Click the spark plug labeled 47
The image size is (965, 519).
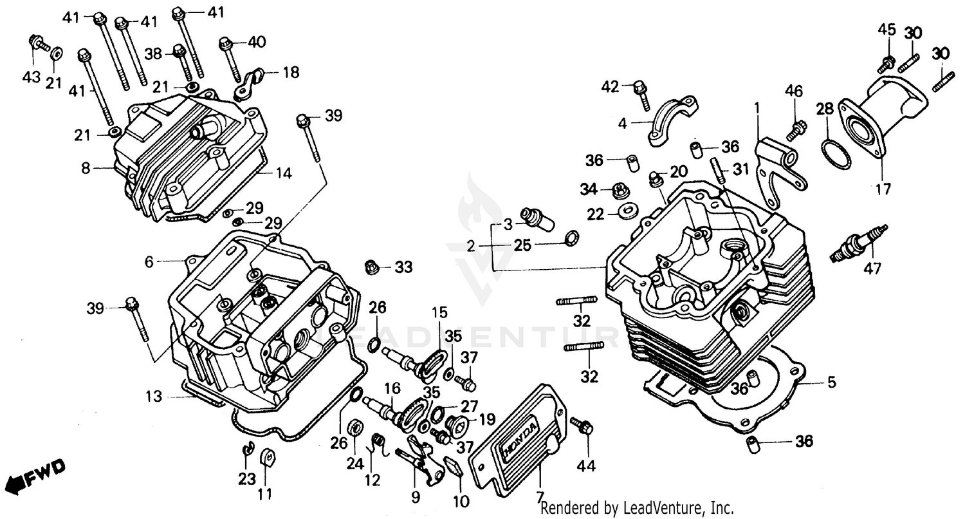[x=858, y=245]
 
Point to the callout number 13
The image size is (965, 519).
[x=154, y=397]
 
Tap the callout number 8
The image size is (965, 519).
[x=86, y=168]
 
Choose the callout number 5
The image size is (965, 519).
[x=832, y=383]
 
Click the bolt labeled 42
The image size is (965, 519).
[x=641, y=93]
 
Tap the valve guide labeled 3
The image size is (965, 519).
[x=538, y=218]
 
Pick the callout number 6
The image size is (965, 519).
[x=149, y=261]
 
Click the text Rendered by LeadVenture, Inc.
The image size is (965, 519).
[x=637, y=508]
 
